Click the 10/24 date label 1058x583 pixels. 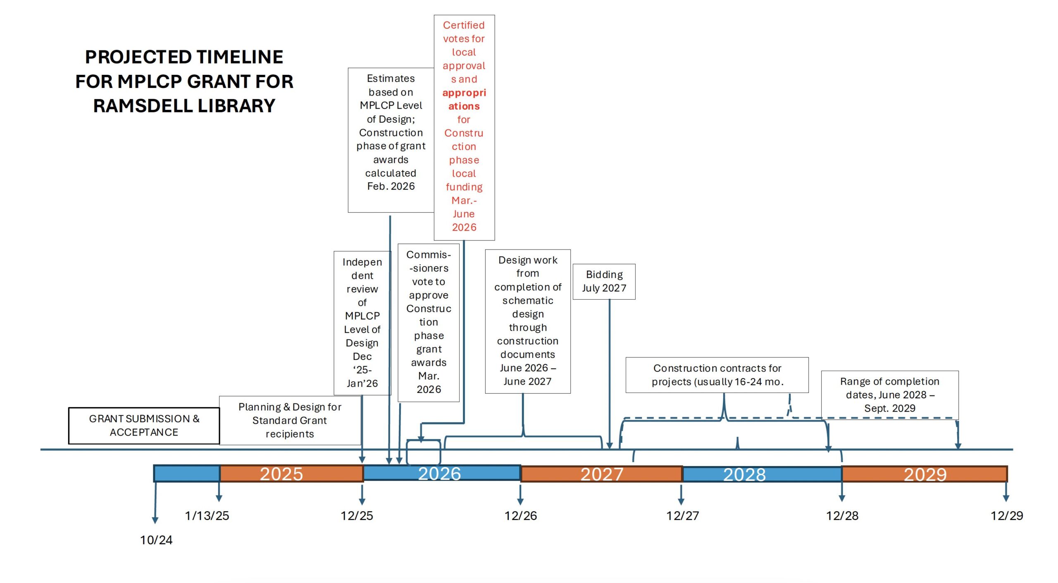click(156, 540)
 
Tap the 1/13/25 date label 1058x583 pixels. click(207, 516)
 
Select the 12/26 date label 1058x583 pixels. click(521, 516)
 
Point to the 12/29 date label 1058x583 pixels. click(1007, 516)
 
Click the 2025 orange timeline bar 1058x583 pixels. click(291, 474)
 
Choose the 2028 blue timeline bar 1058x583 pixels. click(762, 474)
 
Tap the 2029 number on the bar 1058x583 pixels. click(925, 474)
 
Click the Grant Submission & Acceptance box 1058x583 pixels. click(144, 426)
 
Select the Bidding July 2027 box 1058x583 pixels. click(604, 281)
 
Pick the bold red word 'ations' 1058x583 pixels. click(464, 106)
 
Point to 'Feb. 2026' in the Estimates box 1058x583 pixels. click(391, 186)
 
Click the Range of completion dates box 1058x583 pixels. click(889, 395)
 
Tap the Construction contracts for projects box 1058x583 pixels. click(717, 375)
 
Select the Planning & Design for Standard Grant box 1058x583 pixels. click(290, 420)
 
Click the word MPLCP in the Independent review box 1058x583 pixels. click(362, 316)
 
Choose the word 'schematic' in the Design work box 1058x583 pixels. click(528, 301)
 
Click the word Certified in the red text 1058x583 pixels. click(464, 25)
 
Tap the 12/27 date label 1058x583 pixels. click(682, 516)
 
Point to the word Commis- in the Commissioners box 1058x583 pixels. click(429, 255)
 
